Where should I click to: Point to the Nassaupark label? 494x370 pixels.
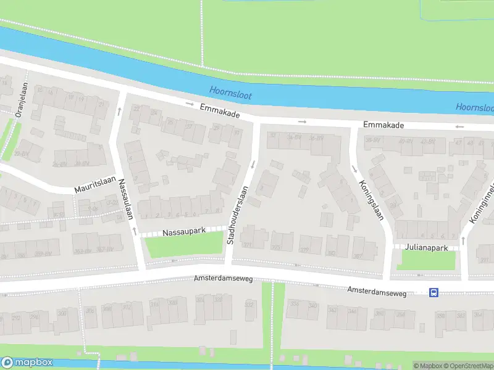pyautogui.click(x=183, y=232)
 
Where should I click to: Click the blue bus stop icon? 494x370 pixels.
pyautogui.click(x=434, y=294)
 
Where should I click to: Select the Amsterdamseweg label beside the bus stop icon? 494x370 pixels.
pyautogui.click(x=377, y=290)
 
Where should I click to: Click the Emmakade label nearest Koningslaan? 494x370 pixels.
pyautogui.click(x=383, y=125)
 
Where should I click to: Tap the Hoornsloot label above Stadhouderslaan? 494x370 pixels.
pyautogui.click(x=230, y=92)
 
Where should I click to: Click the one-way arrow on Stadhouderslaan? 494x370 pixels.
pyautogui.click(x=253, y=164)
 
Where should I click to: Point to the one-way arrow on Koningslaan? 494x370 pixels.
pyautogui.click(x=354, y=168)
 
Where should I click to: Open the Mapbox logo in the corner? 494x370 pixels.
pyautogui.click(x=27, y=363)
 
